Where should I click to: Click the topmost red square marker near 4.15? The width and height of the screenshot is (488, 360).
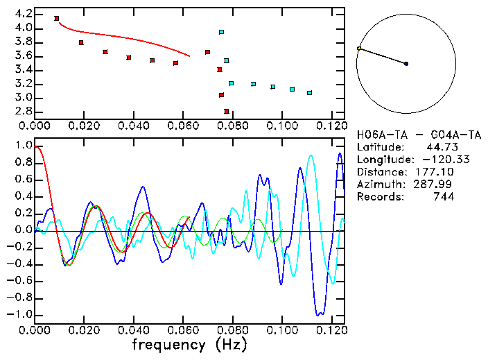point(57,18)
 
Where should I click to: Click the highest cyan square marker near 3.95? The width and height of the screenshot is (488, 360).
point(221,32)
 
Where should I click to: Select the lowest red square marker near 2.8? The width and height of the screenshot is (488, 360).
point(227,111)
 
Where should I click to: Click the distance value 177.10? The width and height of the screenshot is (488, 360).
point(437,172)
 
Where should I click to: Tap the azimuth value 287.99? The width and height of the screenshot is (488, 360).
point(437,185)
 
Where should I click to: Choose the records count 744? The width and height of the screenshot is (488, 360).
point(443,197)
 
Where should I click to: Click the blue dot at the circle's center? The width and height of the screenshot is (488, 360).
point(406,64)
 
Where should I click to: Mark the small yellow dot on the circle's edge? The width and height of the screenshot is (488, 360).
point(358,49)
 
